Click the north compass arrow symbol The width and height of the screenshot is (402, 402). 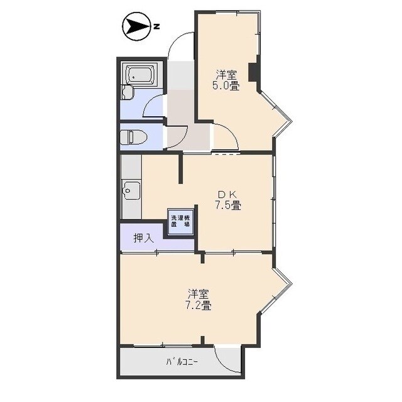(x=135, y=26)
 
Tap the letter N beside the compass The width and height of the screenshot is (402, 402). (x=157, y=26)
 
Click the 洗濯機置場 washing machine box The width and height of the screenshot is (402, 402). (x=181, y=222)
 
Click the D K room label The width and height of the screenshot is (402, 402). (x=227, y=193)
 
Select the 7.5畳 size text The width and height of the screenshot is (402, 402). (x=227, y=205)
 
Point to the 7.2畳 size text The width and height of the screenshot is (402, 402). (x=198, y=306)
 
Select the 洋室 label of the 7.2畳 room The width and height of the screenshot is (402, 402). (x=198, y=294)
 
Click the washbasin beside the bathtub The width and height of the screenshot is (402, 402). (x=128, y=93)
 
